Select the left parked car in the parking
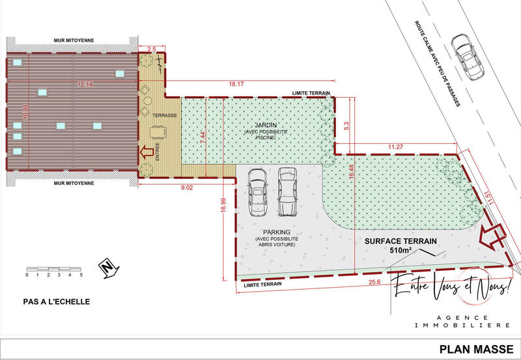click(x=257, y=192)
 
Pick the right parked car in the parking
click(x=287, y=192)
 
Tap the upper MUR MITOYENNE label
click(x=74, y=40)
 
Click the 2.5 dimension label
click(x=152, y=49)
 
